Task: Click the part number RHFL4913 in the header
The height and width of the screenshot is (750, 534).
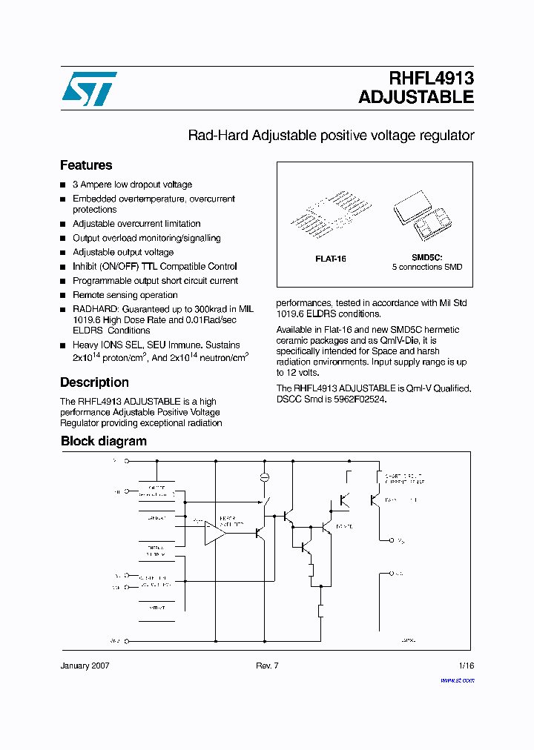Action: pos(431,79)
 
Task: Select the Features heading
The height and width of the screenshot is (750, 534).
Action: pos(86,165)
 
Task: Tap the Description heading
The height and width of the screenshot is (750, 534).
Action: pos(94,382)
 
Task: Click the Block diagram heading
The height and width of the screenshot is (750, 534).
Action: pos(103,441)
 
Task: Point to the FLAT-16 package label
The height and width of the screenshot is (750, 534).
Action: pos(331,259)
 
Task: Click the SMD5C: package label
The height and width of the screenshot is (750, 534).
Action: pos(426,256)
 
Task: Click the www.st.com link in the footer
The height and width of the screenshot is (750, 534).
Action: pos(457,680)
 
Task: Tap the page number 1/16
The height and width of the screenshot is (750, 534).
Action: pos(466,666)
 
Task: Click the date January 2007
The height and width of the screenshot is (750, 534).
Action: pos(85,666)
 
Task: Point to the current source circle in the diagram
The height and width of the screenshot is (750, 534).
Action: pos(264,477)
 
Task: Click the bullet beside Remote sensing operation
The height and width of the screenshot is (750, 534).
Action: pos(63,295)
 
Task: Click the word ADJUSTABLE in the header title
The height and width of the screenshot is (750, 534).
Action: pos(415,97)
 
